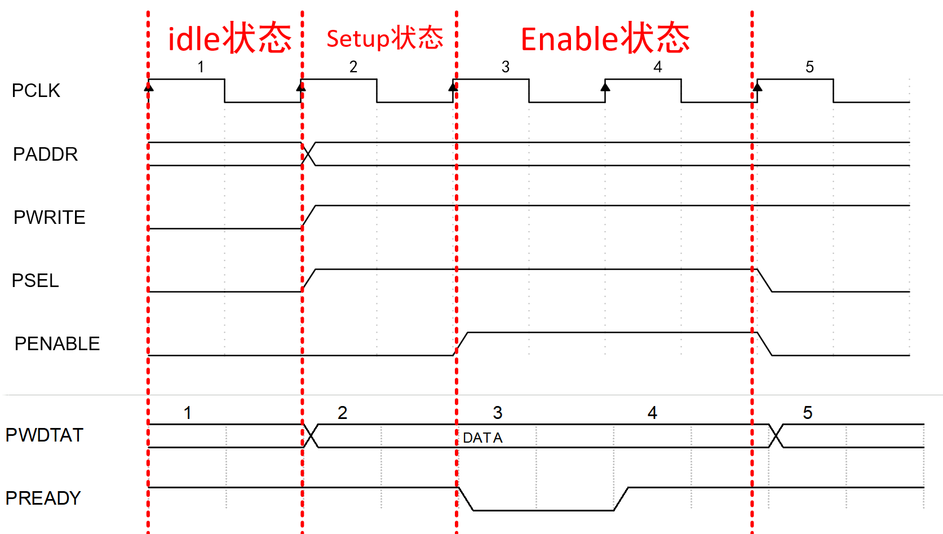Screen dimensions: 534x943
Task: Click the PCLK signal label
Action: click(36, 90)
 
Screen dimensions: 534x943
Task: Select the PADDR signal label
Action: click(45, 154)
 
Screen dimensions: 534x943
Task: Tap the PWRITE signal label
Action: click(49, 217)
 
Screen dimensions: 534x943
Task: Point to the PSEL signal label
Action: click(35, 280)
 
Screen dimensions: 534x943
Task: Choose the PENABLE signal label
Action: click(57, 343)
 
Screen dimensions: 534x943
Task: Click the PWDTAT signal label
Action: click(44, 435)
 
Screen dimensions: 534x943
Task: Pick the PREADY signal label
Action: click(43, 498)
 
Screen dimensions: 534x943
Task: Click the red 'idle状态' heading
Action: click(229, 38)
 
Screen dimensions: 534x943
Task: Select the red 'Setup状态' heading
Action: click(384, 38)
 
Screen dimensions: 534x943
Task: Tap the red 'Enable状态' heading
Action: click(605, 38)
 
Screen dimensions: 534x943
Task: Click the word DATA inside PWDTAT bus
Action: click(482, 438)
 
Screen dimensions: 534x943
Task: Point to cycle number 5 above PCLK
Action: click(809, 67)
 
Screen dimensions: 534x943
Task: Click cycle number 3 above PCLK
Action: click(506, 67)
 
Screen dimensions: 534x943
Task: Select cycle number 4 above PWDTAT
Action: click(652, 413)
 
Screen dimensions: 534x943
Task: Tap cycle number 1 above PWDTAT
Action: click(188, 413)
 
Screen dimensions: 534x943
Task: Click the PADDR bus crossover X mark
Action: click(308, 154)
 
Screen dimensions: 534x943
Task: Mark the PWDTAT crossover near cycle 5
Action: click(776, 435)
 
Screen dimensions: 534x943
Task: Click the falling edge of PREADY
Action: click(466, 499)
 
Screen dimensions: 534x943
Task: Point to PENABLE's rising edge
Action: click(462, 343)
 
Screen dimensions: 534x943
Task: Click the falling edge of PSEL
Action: click(764, 280)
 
